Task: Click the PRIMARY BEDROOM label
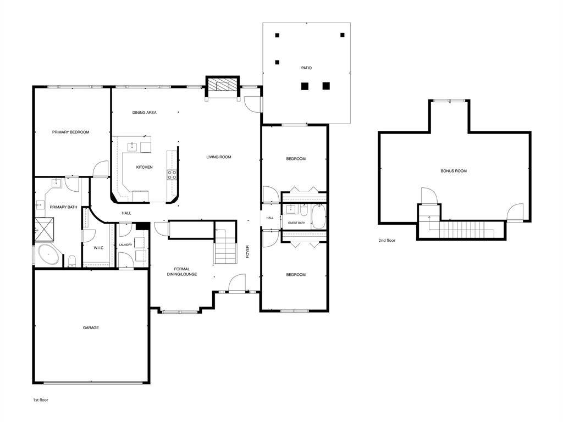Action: click(70, 132)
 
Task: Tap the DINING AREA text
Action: click(144, 113)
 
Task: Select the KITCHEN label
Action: click(145, 167)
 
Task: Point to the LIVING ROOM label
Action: click(219, 157)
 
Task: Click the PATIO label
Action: click(306, 68)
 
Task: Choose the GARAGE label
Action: click(91, 328)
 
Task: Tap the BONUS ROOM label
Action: click(454, 171)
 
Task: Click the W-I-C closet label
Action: click(98, 248)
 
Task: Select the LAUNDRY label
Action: click(126, 245)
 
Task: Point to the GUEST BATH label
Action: click(296, 223)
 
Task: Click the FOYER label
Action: click(248, 252)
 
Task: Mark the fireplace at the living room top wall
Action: click(223, 86)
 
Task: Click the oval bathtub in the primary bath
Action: click(49, 256)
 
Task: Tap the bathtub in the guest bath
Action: click(318, 216)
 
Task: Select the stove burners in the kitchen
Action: click(172, 175)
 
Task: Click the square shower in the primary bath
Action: click(43, 226)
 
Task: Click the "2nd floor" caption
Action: click(387, 240)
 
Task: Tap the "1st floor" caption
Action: click(41, 399)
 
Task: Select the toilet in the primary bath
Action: click(72, 260)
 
